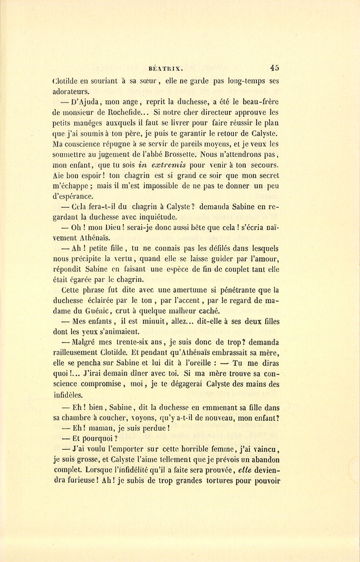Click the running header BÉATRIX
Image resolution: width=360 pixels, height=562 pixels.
click(x=166, y=68)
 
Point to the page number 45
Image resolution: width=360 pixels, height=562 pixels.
click(x=274, y=68)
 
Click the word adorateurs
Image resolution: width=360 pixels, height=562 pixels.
click(x=72, y=91)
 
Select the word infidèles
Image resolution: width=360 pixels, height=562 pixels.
click(x=68, y=395)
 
